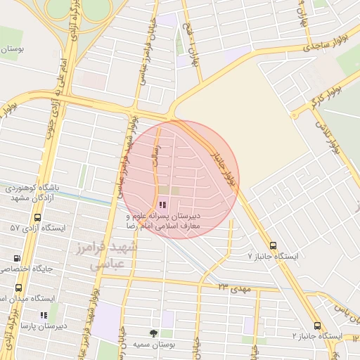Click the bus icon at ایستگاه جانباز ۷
(273, 246)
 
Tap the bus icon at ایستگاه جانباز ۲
(317, 326)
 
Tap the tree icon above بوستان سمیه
(153, 333)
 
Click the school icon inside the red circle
(163, 205)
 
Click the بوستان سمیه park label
(153, 345)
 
